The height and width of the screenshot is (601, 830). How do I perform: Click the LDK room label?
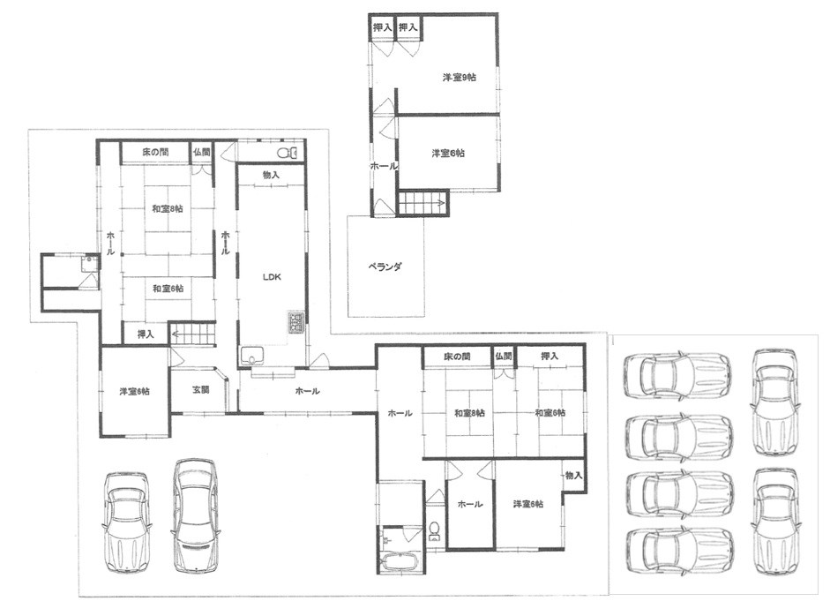271,277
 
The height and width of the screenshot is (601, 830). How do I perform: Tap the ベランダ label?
385,267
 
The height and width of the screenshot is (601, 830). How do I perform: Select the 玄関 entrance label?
200,390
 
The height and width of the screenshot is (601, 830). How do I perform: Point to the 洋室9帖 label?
460,78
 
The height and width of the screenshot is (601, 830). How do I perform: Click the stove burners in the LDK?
295,323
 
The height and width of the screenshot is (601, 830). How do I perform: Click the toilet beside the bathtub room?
435,531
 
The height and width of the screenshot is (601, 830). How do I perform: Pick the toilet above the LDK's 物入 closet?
287,153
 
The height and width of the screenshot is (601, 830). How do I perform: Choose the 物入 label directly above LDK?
271,175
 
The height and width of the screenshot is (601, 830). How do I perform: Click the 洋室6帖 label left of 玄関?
134,391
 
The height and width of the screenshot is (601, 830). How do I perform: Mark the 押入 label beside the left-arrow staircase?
146,334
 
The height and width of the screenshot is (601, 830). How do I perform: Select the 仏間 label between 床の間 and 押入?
504,357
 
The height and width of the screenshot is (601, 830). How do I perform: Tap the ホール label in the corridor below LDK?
307,391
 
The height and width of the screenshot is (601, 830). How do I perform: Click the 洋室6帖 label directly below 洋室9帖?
448,154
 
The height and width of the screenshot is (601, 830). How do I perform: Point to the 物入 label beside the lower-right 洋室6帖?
573,476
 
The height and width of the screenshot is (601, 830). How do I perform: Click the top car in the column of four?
677,377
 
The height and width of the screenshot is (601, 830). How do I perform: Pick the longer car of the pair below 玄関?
195,515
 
